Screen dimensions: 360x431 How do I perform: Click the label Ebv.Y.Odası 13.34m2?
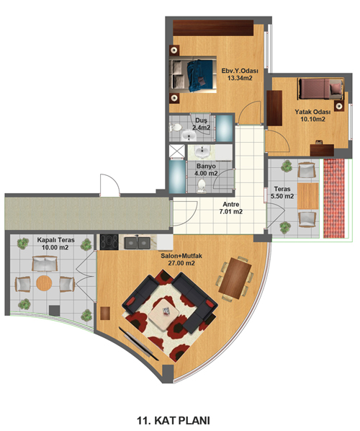240,74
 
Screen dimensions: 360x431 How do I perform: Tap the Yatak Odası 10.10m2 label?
312,116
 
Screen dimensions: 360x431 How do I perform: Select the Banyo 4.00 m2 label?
206,170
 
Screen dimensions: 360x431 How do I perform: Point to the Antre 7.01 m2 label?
230,208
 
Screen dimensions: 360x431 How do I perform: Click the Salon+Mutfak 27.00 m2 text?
181,259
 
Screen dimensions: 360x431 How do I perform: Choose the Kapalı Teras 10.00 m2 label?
55,244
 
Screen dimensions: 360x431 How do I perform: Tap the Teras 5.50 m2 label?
282,192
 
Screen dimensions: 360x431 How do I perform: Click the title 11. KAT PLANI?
174,421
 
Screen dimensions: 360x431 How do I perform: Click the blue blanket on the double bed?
200,76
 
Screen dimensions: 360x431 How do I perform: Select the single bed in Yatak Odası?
320,89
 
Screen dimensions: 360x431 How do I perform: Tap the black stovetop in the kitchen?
109,242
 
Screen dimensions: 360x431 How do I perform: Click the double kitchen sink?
137,243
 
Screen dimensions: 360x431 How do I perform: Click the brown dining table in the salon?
235,278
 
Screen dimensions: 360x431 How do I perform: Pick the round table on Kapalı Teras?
44,283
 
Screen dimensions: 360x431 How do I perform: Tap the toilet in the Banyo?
202,187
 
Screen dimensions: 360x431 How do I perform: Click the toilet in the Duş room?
175,128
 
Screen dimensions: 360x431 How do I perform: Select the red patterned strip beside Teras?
334,198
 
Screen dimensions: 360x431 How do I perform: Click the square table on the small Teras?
308,196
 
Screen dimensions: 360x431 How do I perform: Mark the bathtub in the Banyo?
177,177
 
